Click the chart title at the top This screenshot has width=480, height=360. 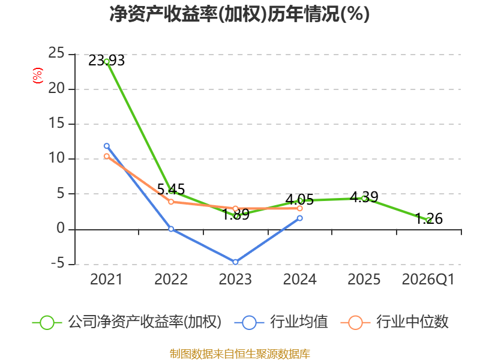[x=239, y=14]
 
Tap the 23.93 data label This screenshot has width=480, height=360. [x=107, y=61]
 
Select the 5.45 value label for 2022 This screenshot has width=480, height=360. [x=171, y=189]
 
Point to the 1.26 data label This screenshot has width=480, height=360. [x=429, y=218]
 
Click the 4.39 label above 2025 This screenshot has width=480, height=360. [x=364, y=197]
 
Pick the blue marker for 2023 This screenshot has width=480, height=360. [x=235, y=262]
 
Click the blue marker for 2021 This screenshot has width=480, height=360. [x=107, y=146]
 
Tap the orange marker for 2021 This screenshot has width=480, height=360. [x=107, y=156]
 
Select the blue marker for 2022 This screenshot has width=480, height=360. [x=171, y=229]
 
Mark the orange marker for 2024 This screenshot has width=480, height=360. [x=299, y=208]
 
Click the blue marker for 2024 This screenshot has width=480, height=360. [x=299, y=218]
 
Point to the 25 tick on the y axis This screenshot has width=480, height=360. [x=56, y=53]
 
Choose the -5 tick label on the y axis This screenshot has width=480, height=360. [x=58, y=263]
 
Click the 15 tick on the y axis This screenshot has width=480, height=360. [x=56, y=124]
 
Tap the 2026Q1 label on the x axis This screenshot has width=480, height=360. [x=428, y=280]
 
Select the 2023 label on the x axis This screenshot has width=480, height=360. [x=235, y=280]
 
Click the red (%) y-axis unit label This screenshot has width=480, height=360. [x=38, y=76]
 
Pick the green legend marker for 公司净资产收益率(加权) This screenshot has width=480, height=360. [x=47, y=323]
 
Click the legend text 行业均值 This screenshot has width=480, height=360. [x=299, y=322]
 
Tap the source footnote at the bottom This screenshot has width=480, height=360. [x=240, y=354]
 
